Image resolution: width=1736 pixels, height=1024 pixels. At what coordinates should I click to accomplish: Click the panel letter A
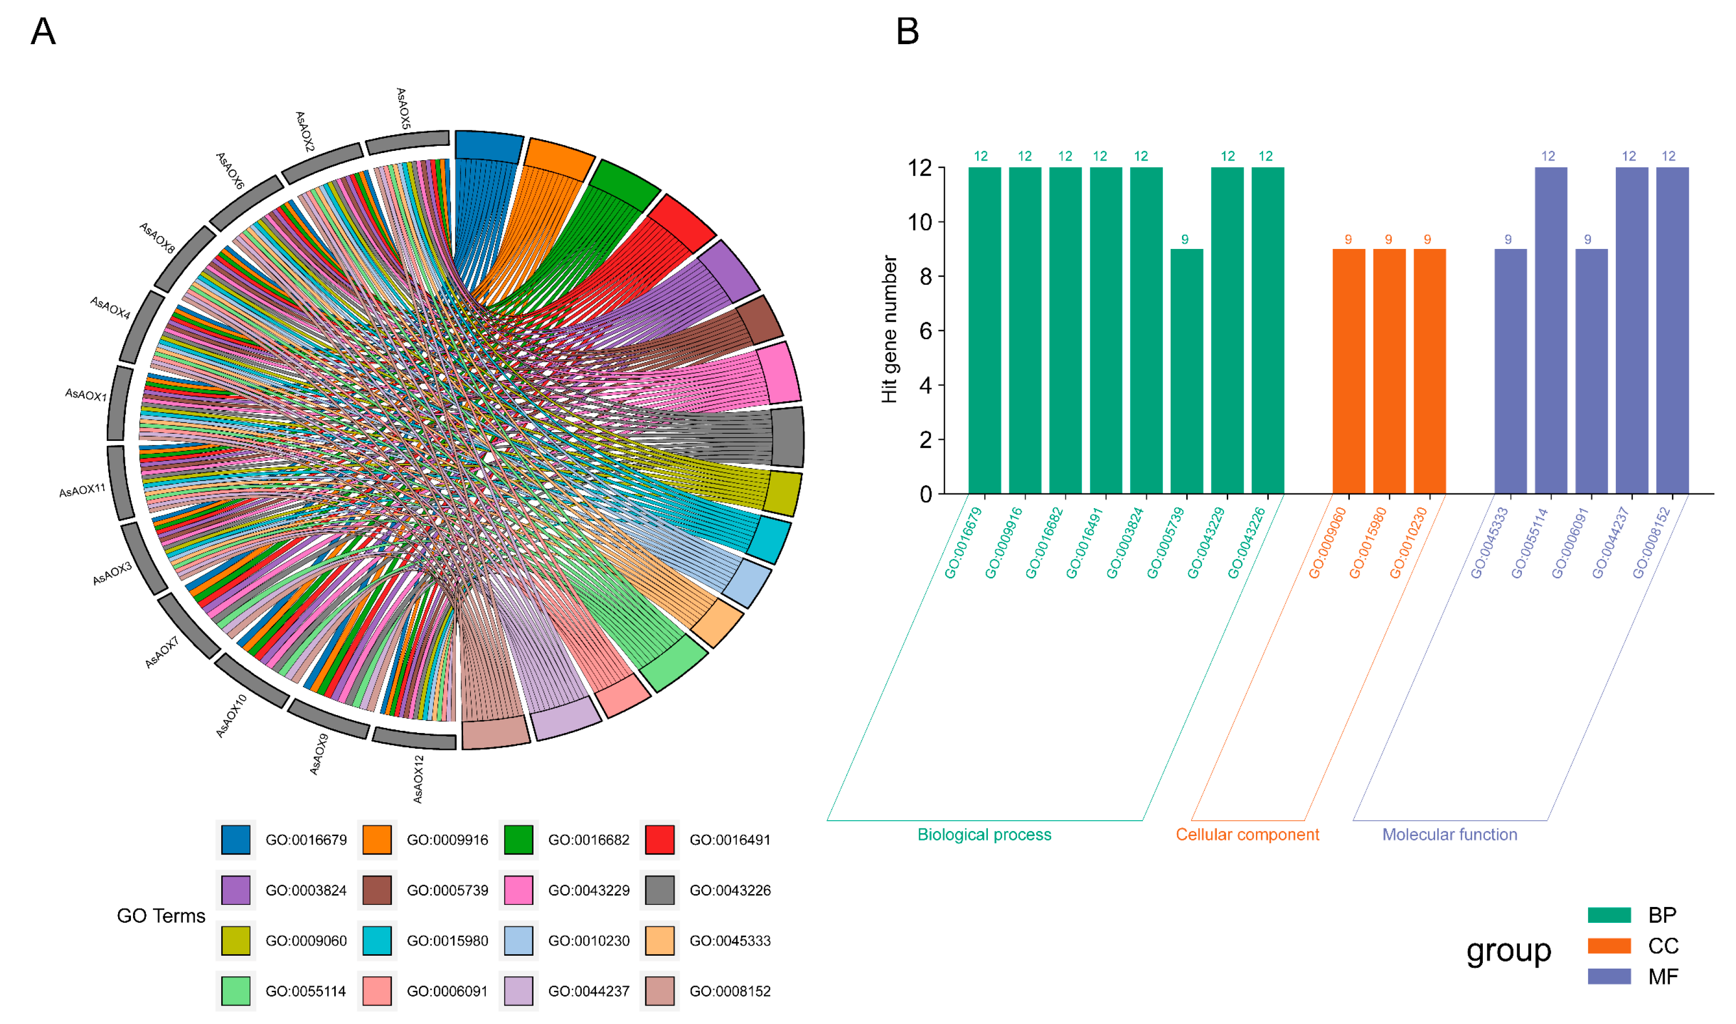(x=43, y=32)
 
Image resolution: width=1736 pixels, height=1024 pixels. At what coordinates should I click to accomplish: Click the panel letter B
(x=907, y=32)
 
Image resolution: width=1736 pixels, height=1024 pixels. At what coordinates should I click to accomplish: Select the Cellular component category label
(x=1247, y=835)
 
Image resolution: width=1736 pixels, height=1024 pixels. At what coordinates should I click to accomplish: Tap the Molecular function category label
(x=1449, y=835)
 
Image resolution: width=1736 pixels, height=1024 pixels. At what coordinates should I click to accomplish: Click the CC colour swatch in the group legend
(x=1609, y=945)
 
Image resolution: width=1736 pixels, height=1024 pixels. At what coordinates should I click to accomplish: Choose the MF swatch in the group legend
(x=1609, y=976)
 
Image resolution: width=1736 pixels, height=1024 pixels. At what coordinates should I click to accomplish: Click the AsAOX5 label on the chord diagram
(x=404, y=108)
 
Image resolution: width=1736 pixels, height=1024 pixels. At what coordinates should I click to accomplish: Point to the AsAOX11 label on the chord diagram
(x=82, y=491)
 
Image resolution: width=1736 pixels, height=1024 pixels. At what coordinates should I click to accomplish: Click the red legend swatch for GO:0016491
(x=659, y=840)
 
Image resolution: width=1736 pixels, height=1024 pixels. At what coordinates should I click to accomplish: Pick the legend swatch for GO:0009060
(x=235, y=940)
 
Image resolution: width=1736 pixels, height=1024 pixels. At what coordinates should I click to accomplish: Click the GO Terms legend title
(x=161, y=916)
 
